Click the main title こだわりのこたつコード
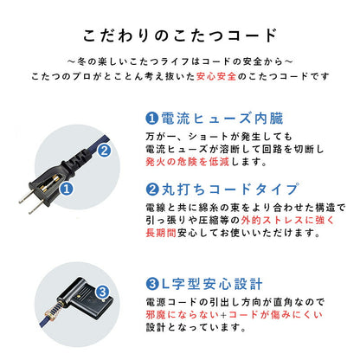[180, 36]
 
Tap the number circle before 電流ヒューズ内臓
[151, 117]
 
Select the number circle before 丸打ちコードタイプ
[151, 190]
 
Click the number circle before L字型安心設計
[151, 282]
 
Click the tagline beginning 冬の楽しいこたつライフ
[180, 61]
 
